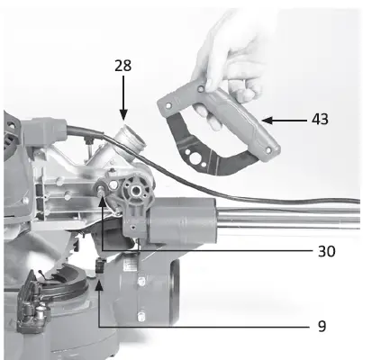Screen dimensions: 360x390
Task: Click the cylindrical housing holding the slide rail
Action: coord(188,220)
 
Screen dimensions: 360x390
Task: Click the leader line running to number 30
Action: coord(207,249)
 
